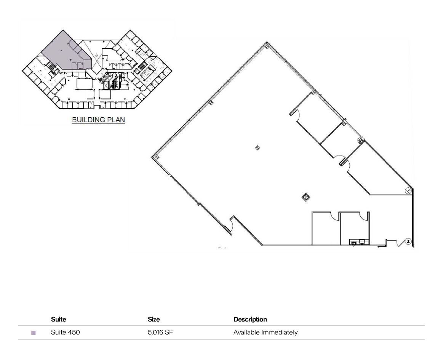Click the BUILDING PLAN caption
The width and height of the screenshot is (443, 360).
pos(98,120)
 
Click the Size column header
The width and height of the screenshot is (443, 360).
pos(154,319)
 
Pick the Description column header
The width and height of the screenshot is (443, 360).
pos(250,319)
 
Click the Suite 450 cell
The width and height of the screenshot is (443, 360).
pos(65,332)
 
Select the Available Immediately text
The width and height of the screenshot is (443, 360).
pos(265,332)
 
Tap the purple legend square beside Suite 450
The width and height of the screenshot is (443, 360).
pos(34,333)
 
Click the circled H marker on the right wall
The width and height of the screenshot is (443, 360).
pos(408,190)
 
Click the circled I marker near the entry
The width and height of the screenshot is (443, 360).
pos(408,241)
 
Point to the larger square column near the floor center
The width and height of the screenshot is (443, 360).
pos(305,197)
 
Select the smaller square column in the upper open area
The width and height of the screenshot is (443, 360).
pos(257,148)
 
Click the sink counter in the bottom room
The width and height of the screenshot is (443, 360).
pos(359,242)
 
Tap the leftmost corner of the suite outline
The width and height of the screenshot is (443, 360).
pos(153,157)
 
